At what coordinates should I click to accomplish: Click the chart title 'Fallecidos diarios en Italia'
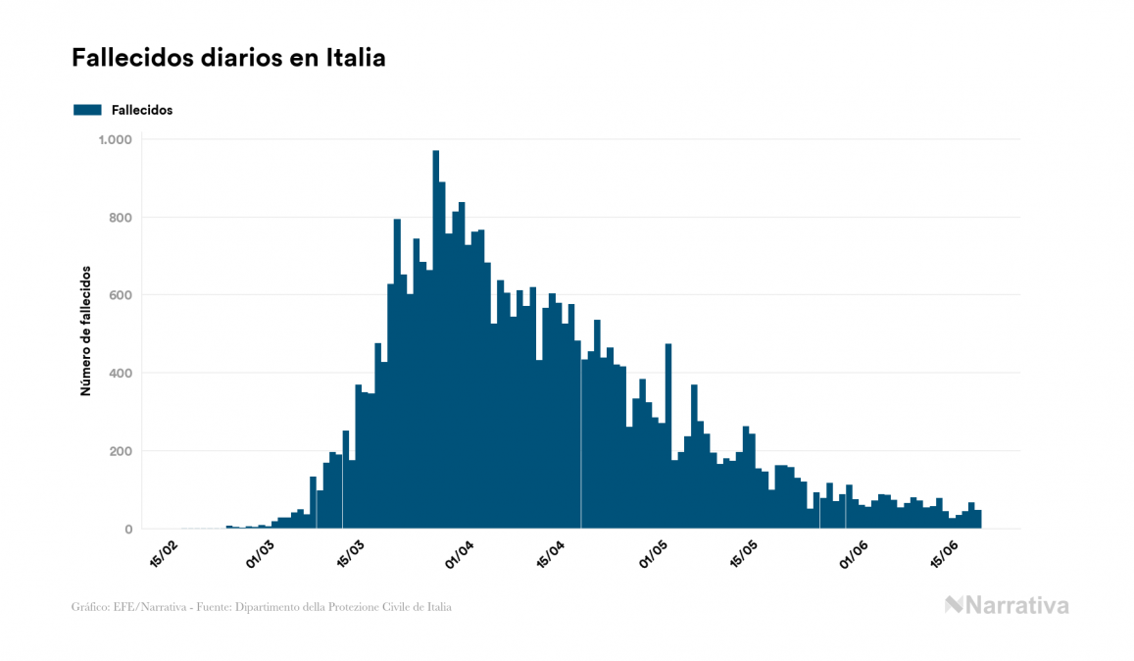pos(228,58)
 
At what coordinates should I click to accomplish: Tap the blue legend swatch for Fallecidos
pos(87,110)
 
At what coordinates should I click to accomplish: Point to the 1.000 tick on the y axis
pos(115,139)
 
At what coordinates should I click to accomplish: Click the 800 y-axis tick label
pos(121,218)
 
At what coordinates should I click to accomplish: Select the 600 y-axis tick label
pos(121,295)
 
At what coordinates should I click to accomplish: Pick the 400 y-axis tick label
pos(121,374)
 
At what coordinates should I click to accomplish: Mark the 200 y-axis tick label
pos(121,451)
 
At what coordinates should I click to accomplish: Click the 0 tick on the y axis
pos(128,530)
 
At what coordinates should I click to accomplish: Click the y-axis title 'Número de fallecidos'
pos(85,330)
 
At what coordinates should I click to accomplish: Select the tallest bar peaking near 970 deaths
pos(436,343)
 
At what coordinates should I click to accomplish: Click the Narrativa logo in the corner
pos(1007,605)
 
